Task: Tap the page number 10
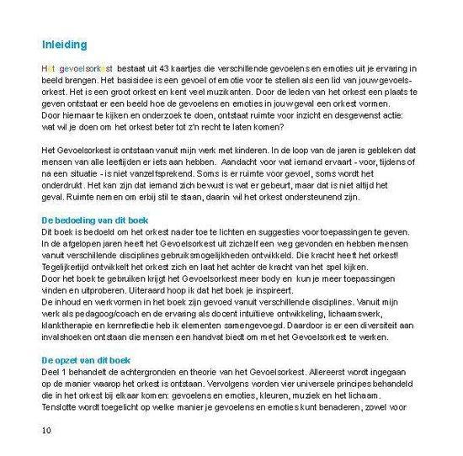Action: (46, 432)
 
